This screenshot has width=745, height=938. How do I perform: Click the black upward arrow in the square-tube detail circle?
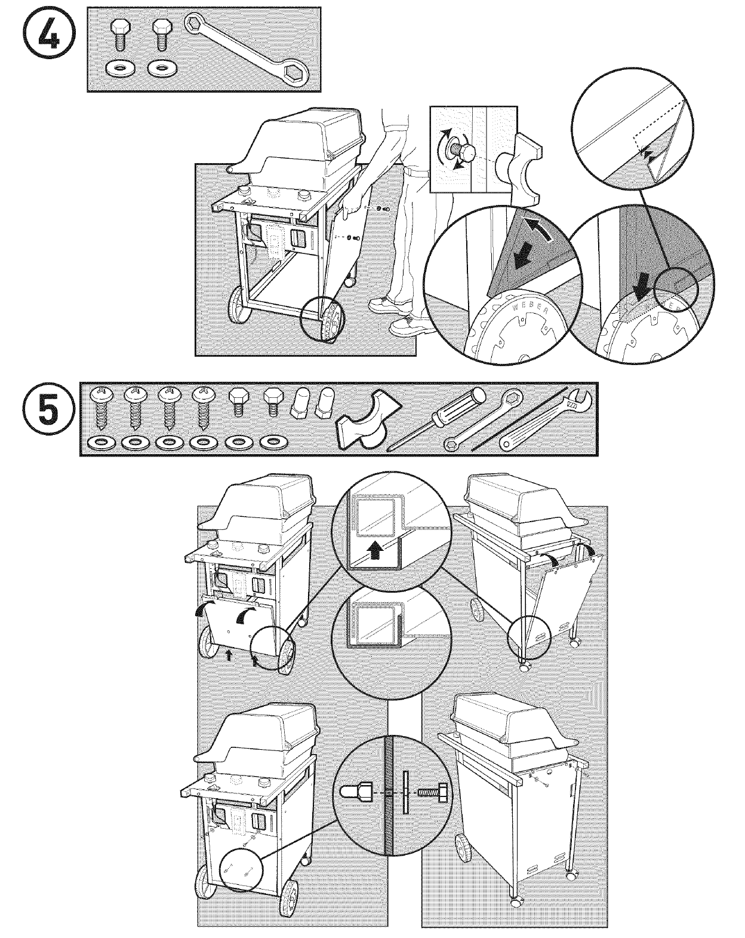pos(375,551)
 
